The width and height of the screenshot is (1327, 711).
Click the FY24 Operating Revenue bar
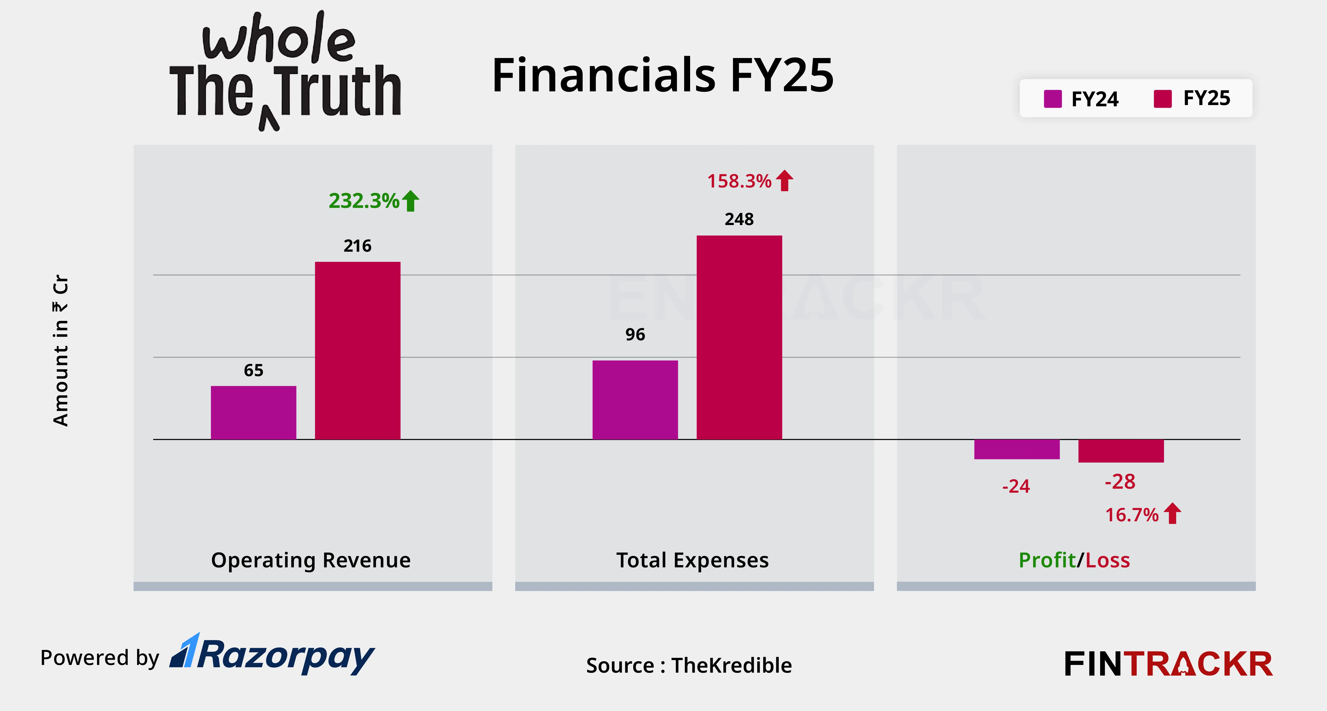pos(254,413)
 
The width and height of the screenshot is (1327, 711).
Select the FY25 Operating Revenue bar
pos(357,351)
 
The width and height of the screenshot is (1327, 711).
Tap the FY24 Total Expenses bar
pos(635,400)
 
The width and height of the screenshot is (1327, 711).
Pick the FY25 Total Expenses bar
pos(739,338)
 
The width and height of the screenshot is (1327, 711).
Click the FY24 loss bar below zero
pos(1017,449)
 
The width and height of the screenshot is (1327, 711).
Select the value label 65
pos(254,370)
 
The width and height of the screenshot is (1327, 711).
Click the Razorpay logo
pos(273,655)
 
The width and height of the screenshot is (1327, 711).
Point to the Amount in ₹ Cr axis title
pos(61,351)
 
